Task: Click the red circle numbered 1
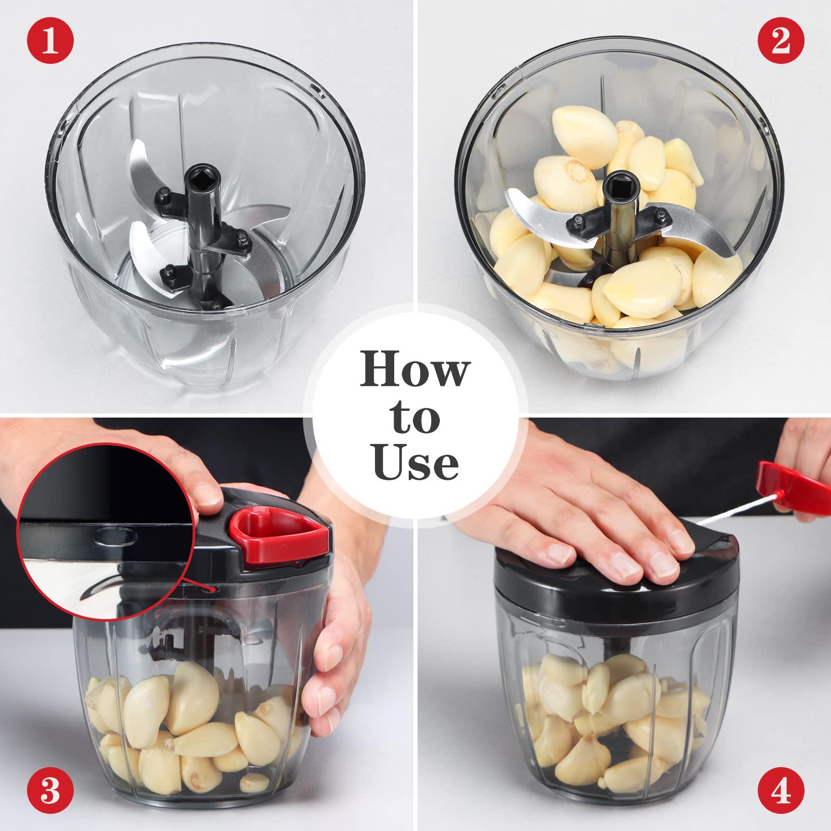coord(50,40)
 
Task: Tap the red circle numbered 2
coord(781,40)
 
